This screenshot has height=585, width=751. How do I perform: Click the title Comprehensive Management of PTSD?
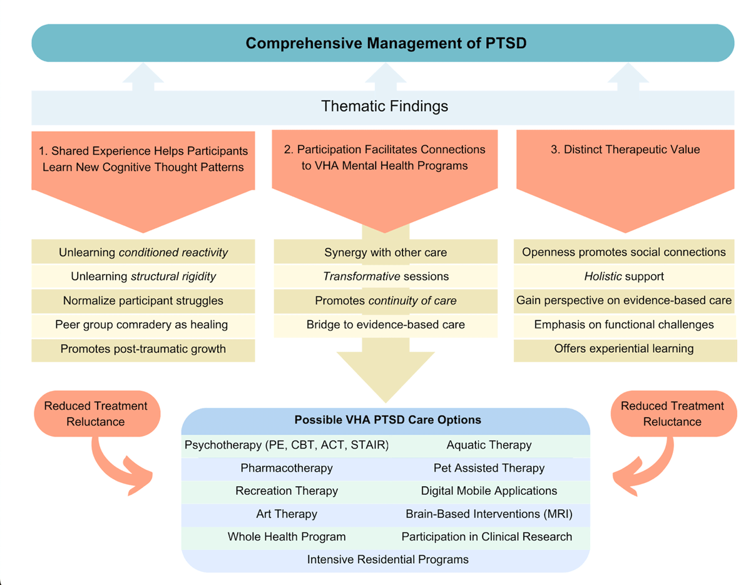(382, 43)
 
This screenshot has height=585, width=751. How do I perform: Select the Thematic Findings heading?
(384, 106)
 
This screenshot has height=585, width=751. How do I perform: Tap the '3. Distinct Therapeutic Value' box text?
(625, 150)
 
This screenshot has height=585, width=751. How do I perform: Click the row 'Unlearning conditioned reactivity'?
(143, 253)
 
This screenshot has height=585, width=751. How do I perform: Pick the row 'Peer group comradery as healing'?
(143, 325)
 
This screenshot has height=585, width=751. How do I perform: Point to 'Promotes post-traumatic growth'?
(143, 349)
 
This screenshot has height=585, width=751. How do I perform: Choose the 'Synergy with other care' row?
(386, 253)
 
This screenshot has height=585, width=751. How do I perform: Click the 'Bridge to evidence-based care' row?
(386, 325)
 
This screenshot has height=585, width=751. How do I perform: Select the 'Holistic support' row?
(624, 276)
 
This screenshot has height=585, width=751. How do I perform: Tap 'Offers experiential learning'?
(624, 348)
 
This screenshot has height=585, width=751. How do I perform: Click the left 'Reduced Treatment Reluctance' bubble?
(96, 414)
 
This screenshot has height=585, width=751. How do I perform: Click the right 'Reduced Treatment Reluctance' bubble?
(672, 414)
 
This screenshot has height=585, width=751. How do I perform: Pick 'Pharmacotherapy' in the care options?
(287, 468)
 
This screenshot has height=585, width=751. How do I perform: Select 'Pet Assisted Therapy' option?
(489, 468)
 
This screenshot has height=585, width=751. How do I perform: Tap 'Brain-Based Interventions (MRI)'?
(489, 514)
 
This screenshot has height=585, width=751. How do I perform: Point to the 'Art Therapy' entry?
(287, 514)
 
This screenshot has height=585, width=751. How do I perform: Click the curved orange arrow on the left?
(119, 466)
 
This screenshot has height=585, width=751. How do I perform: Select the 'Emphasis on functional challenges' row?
(624, 325)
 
